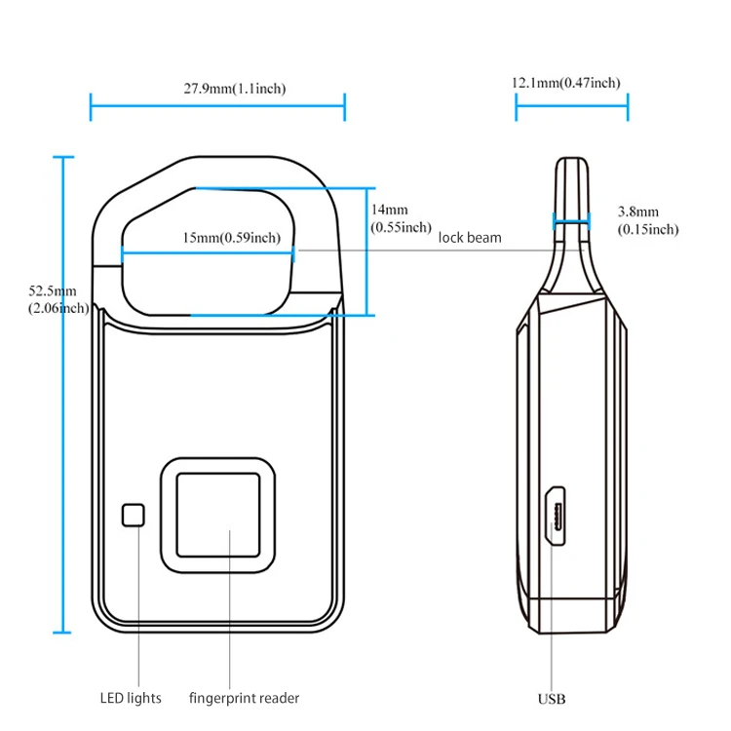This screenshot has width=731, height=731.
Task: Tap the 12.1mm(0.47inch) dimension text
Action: click(566, 84)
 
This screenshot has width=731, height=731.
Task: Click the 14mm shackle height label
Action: click(390, 210)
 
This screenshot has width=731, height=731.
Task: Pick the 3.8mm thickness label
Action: click(638, 212)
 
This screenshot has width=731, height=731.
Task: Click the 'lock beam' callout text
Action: click(470, 238)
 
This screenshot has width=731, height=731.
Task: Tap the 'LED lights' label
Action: click(131, 698)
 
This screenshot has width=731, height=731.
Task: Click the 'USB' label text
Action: click(552, 699)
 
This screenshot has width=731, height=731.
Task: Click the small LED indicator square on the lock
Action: click(133, 516)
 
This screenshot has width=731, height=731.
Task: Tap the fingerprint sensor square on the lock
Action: click(216, 514)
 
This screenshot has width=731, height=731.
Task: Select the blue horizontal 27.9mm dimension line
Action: click(217, 106)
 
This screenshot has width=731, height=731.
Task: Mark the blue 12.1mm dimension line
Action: click(571, 106)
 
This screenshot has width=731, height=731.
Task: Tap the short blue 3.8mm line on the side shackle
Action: click(571, 222)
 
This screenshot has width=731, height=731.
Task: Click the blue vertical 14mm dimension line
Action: click(367, 251)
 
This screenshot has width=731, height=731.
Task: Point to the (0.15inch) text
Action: click(648, 230)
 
